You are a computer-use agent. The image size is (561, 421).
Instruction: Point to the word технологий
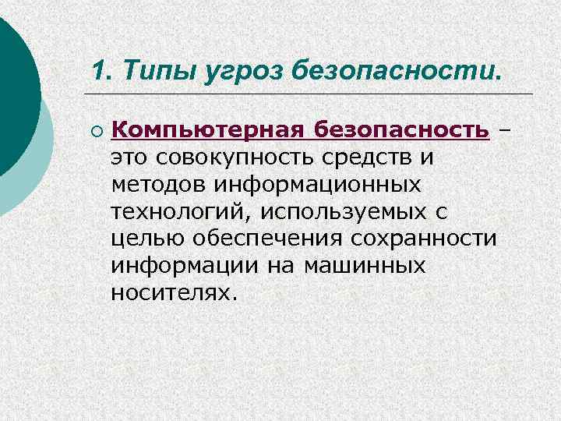181,212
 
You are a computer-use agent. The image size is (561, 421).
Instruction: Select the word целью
146,239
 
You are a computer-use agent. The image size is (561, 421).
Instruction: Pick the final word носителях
172,294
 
